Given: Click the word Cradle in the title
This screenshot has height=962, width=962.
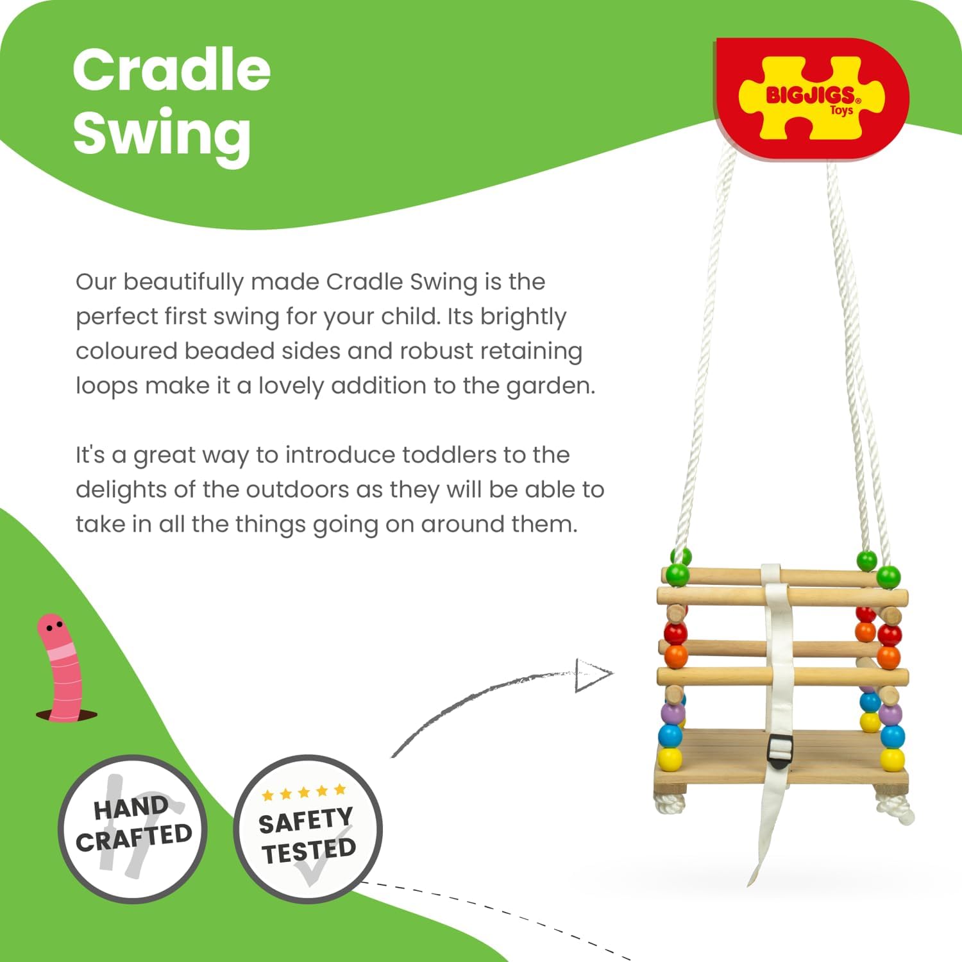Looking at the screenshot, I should click(171, 71).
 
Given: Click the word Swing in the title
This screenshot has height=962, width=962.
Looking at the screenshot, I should click(162, 133).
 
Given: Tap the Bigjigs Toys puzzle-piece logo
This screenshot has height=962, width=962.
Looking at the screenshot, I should click(812, 97).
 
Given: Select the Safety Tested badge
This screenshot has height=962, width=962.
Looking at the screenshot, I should click(307, 829).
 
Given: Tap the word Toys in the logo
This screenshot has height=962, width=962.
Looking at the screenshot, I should click(841, 110).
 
